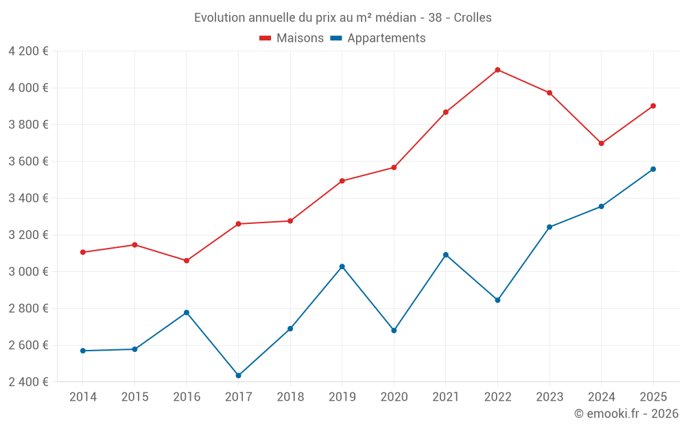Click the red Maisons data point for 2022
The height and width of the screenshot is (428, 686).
[497, 70]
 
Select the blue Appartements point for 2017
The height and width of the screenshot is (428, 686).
[238, 375]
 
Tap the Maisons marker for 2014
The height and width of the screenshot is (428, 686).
[83, 252]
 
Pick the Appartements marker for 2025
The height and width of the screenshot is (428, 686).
[653, 169]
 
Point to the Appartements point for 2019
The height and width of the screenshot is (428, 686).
[342, 266]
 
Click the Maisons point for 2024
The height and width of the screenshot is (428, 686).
[601, 143]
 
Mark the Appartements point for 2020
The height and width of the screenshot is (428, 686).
[394, 330]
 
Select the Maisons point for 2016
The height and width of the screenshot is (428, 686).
[187, 260]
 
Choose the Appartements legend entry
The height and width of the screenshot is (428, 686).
[386, 38]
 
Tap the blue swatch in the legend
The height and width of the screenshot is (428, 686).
[336, 38]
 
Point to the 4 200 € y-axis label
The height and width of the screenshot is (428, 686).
[28, 51]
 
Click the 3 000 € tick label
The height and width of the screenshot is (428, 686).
[28, 272]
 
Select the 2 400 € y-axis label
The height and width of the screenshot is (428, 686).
[28, 382]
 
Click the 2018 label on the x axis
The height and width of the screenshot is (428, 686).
[290, 396]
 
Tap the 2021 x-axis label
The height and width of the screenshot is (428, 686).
[446, 396]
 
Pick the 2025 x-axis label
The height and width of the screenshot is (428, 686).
[653, 396]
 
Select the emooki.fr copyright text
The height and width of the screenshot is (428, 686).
[626, 414]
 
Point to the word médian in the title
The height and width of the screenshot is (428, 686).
[395, 18]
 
